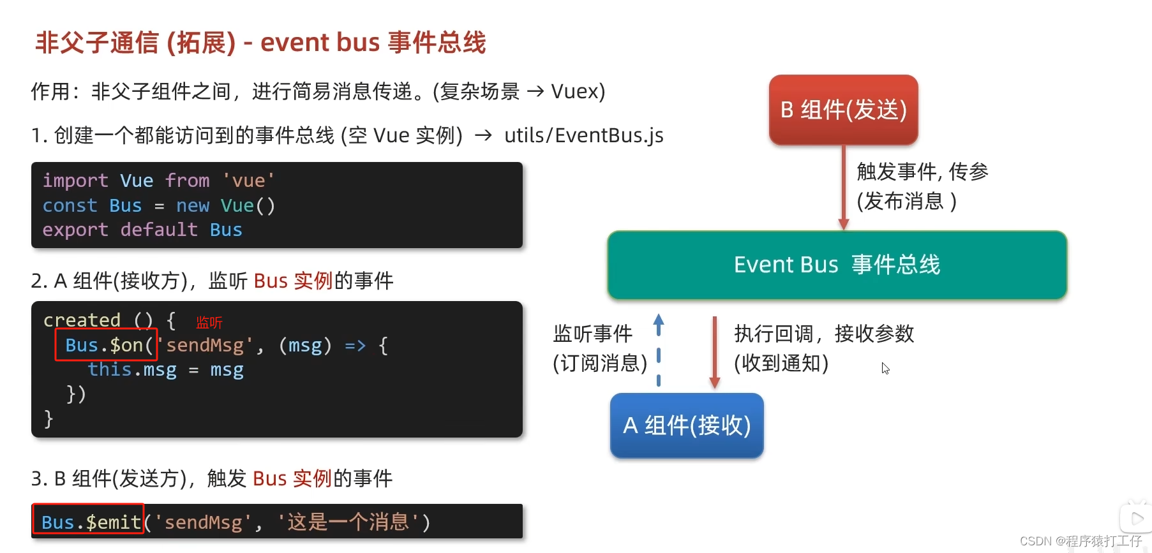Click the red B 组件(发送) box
843,110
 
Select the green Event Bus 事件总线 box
837,265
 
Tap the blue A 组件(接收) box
687,425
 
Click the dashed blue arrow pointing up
659,350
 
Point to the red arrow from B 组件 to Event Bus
843,188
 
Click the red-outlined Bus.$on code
106,345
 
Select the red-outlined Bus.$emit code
89,522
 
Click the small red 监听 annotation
209,323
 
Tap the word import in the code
75,181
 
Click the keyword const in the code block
70,205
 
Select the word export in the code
75,230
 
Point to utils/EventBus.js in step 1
583,135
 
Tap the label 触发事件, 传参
922,172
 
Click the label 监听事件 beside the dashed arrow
593,334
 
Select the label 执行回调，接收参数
824,334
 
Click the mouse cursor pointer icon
885,369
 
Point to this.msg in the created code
132,370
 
